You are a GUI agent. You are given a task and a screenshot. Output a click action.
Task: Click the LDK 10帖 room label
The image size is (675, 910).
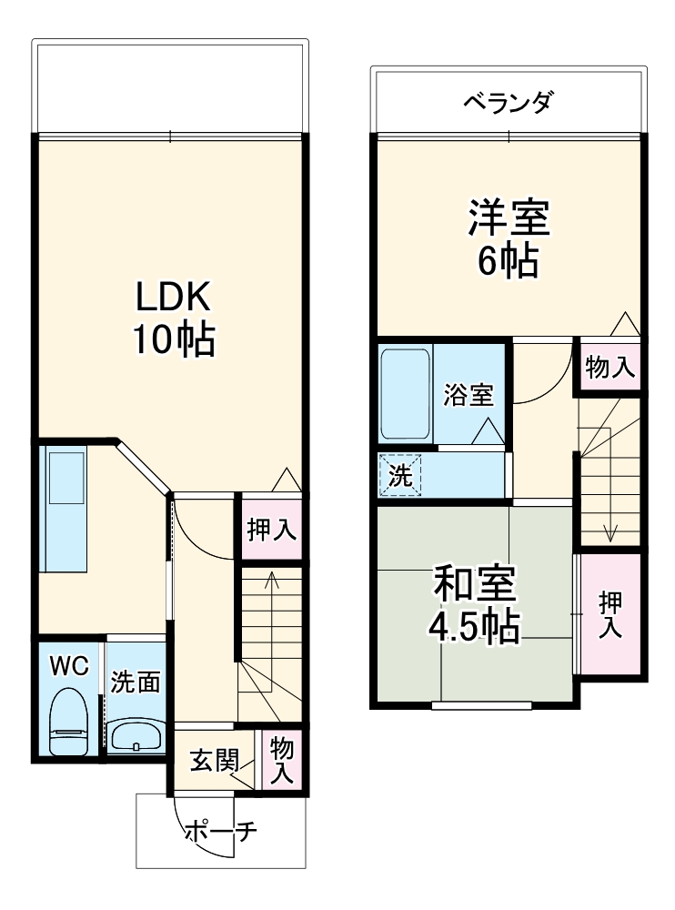tap(175, 318)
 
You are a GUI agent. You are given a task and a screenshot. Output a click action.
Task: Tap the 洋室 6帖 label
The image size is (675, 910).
tap(509, 238)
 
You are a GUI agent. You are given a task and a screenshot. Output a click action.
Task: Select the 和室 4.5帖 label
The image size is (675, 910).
tap(474, 605)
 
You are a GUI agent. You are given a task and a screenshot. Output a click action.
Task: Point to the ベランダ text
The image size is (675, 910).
tap(509, 103)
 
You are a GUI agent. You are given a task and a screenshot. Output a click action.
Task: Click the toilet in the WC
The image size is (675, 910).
tap(68, 722)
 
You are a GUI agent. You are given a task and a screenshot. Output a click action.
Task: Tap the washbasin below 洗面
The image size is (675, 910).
tap(136, 736)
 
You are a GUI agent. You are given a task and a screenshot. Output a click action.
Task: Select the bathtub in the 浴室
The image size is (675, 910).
tap(406, 394)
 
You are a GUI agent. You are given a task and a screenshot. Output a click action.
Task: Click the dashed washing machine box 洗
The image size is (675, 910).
tap(400, 475)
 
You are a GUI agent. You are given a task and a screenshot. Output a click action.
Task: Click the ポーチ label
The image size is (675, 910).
tap(221, 832)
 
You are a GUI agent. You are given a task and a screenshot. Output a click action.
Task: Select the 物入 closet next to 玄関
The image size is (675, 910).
tap(281, 760)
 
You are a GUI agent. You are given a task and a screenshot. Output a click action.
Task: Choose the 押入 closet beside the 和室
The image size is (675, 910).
tap(610, 614)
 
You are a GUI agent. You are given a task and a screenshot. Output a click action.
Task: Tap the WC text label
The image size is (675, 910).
tap(69, 666)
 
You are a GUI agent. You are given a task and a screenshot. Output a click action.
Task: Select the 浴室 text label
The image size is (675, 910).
tap(468, 395)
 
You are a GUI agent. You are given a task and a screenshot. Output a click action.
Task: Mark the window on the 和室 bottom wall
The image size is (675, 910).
tap(482, 706)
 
